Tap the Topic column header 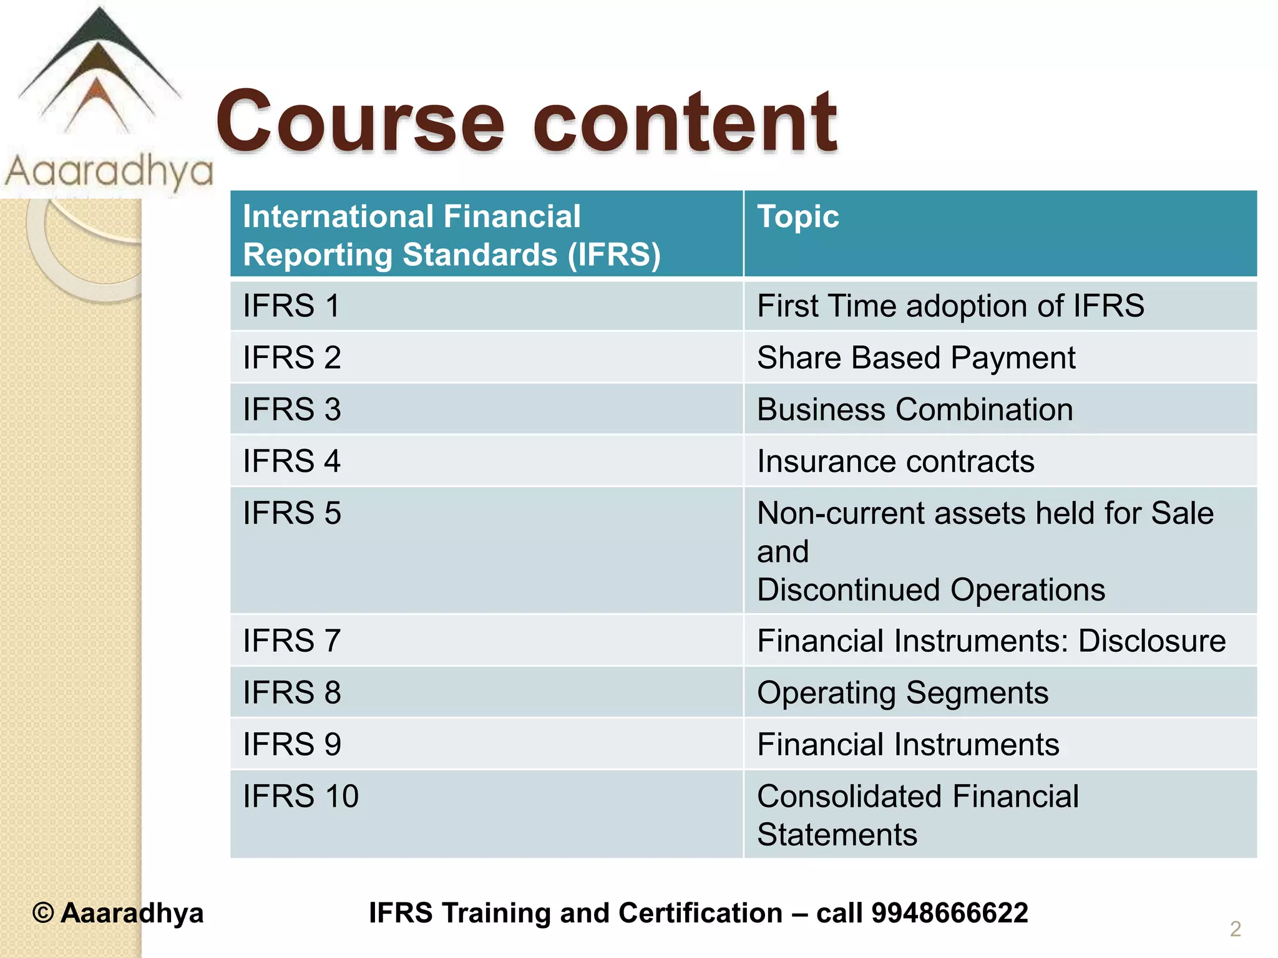pos(798,217)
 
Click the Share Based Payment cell pos(915,358)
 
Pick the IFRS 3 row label pos(291,410)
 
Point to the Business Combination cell pos(914,410)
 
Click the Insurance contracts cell pos(895,462)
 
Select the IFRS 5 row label pos(291,513)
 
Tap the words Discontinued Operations pos(930,590)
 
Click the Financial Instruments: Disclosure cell pos(991,641)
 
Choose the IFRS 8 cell pos(291,693)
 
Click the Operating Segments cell pos(902,693)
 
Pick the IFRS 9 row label pos(291,745)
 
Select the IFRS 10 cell pos(300,796)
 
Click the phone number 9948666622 pos(949,913)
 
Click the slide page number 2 pos(1235,929)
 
